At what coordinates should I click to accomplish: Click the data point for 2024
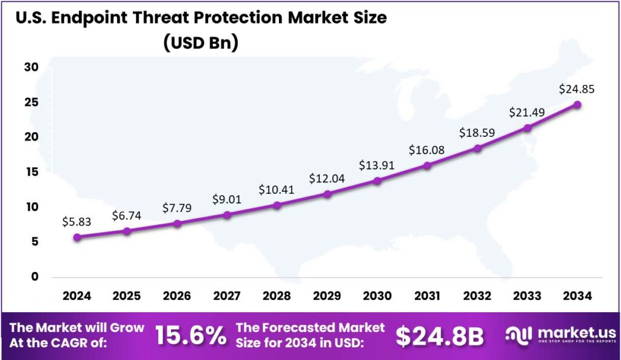(76, 237)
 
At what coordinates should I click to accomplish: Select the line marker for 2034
(577, 105)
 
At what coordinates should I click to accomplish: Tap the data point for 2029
(327, 194)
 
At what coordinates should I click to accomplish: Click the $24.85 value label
(577, 89)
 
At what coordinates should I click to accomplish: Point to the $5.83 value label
(76, 222)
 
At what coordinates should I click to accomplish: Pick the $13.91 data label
(377, 165)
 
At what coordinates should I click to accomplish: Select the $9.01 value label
(227, 199)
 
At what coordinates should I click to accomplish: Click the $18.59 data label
(477, 133)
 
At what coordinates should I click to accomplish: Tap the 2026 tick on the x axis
(176, 296)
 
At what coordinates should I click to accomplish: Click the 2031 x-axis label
(427, 296)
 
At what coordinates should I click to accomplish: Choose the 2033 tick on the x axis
(527, 296)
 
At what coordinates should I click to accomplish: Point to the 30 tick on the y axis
(32, 67)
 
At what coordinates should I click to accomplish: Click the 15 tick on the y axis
(32, 172)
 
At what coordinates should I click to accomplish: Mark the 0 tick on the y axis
(35, 277)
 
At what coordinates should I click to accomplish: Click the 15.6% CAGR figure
(190, 336)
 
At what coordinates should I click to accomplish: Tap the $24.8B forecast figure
(440, 336)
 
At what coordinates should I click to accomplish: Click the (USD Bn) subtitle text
(201, 42)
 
